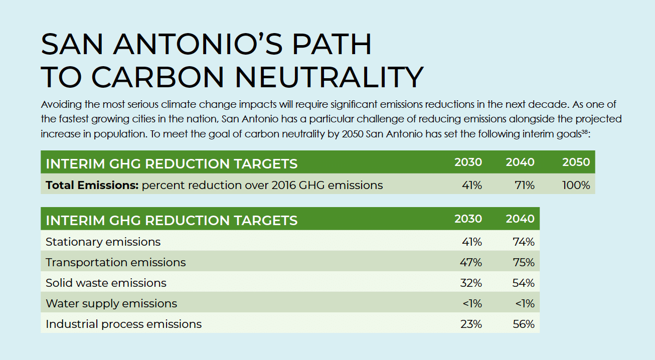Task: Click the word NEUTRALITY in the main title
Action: click(330, 77)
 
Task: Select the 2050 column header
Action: click(576, 162)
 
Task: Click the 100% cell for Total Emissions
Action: click(576, 185)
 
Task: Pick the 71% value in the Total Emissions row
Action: click(524, 185)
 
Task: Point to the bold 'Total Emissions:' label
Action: click(92, 185)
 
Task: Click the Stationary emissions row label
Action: click(103, 242)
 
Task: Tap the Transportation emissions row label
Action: click(115, 262)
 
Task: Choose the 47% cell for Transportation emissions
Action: click(471, 262)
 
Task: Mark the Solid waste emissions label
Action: click(106, 283)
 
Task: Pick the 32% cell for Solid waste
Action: click(471, 283)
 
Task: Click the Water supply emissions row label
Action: click(111, 303)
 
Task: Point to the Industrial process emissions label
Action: click(123, 324)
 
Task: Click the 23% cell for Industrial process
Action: click(471, 324)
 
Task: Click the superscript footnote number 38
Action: click(584, 132)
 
